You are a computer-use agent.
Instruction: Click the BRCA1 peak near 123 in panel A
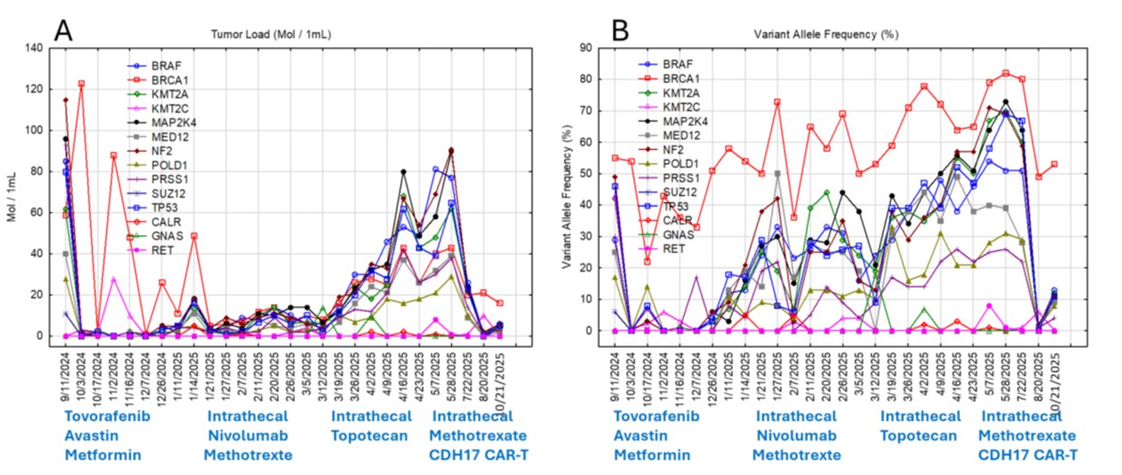pyautogui.click(x=81, y=83)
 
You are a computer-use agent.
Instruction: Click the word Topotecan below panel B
pyautogui.click(x=920, y=434)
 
